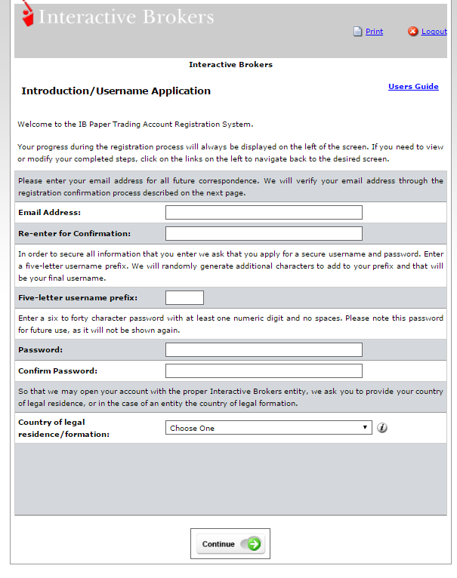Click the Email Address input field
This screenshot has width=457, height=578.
(x=264, y=213)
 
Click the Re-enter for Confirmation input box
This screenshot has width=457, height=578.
(x=264, y=234)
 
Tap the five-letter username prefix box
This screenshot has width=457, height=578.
(x=184, y=297)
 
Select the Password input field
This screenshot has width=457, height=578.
(x=264, y=350)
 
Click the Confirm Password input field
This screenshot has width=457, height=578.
(x=264, y=371)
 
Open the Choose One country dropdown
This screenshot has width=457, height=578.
(x=268, y=428)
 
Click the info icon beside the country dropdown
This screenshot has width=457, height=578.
(x=382, y=428)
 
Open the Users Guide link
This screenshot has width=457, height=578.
(x=413, y=87)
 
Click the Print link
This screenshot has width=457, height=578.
(x=374, y=32)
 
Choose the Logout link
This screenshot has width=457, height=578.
(x=434, y=32)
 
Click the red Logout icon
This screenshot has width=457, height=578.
(x=413, y=32)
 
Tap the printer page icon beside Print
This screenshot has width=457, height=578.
(x=358, y=32)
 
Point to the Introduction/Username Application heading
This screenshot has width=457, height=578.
(x=116, y=91)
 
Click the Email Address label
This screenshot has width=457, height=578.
(x=50, y=213)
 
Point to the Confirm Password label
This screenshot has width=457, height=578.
(x=58, y=371)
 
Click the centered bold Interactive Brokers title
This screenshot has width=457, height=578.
(x=230, y=65)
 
